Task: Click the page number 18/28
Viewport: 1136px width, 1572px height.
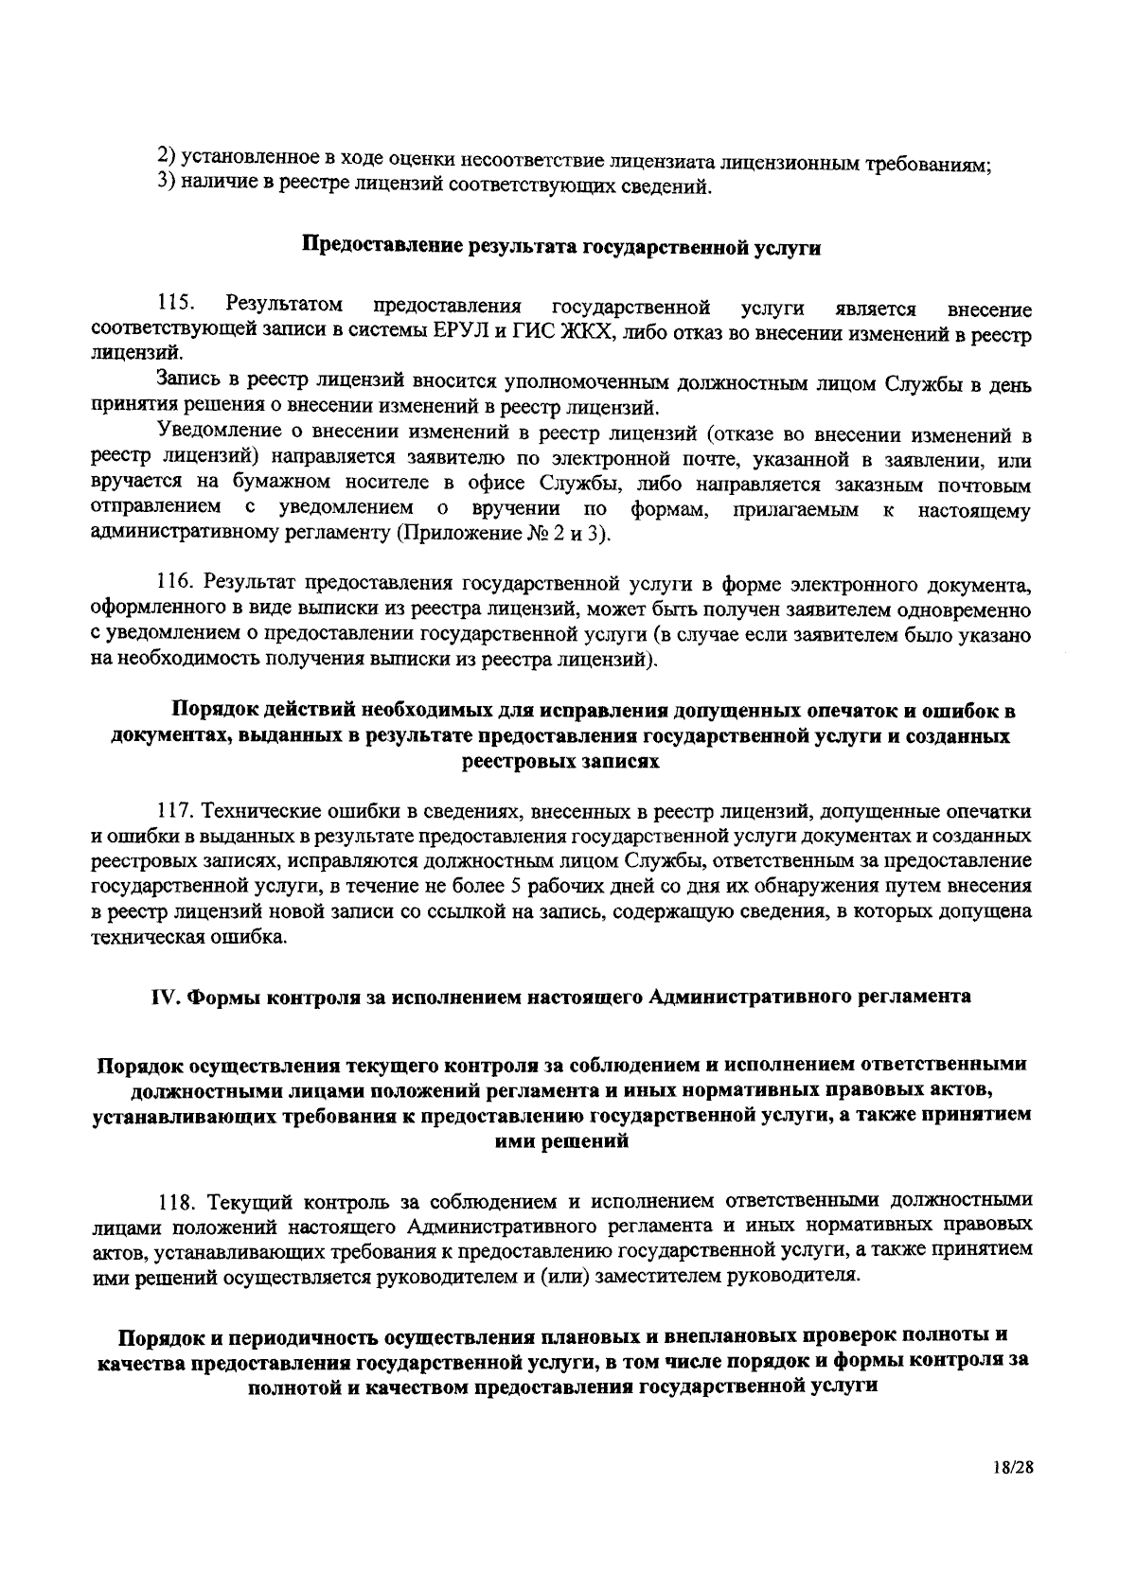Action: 1007,1493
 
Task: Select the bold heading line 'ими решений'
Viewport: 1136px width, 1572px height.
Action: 562,1142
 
